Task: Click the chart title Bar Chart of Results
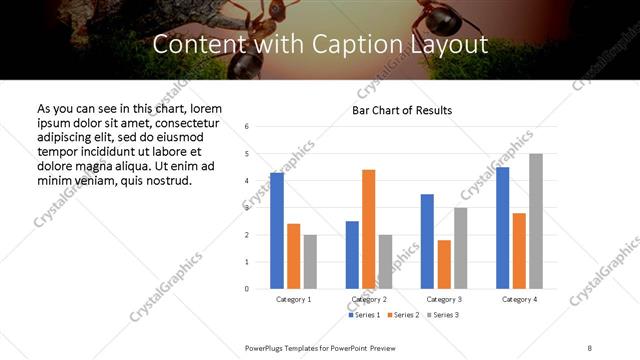point(402,110)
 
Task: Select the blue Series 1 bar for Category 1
point(277,231)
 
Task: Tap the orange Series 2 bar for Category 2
point(368,229)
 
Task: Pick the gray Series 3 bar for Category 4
point(536,221)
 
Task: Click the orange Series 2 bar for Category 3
point(444,264)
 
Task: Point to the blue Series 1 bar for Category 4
point(502,228)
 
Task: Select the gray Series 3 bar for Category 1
point(310,262)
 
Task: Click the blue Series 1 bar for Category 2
point(352,255)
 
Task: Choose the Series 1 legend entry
point(365,315)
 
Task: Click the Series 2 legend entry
point(402,315)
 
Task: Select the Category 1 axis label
point(293,299)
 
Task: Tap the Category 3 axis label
point(443,299)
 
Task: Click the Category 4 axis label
point(519,299)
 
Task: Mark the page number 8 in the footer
point(591,348)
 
